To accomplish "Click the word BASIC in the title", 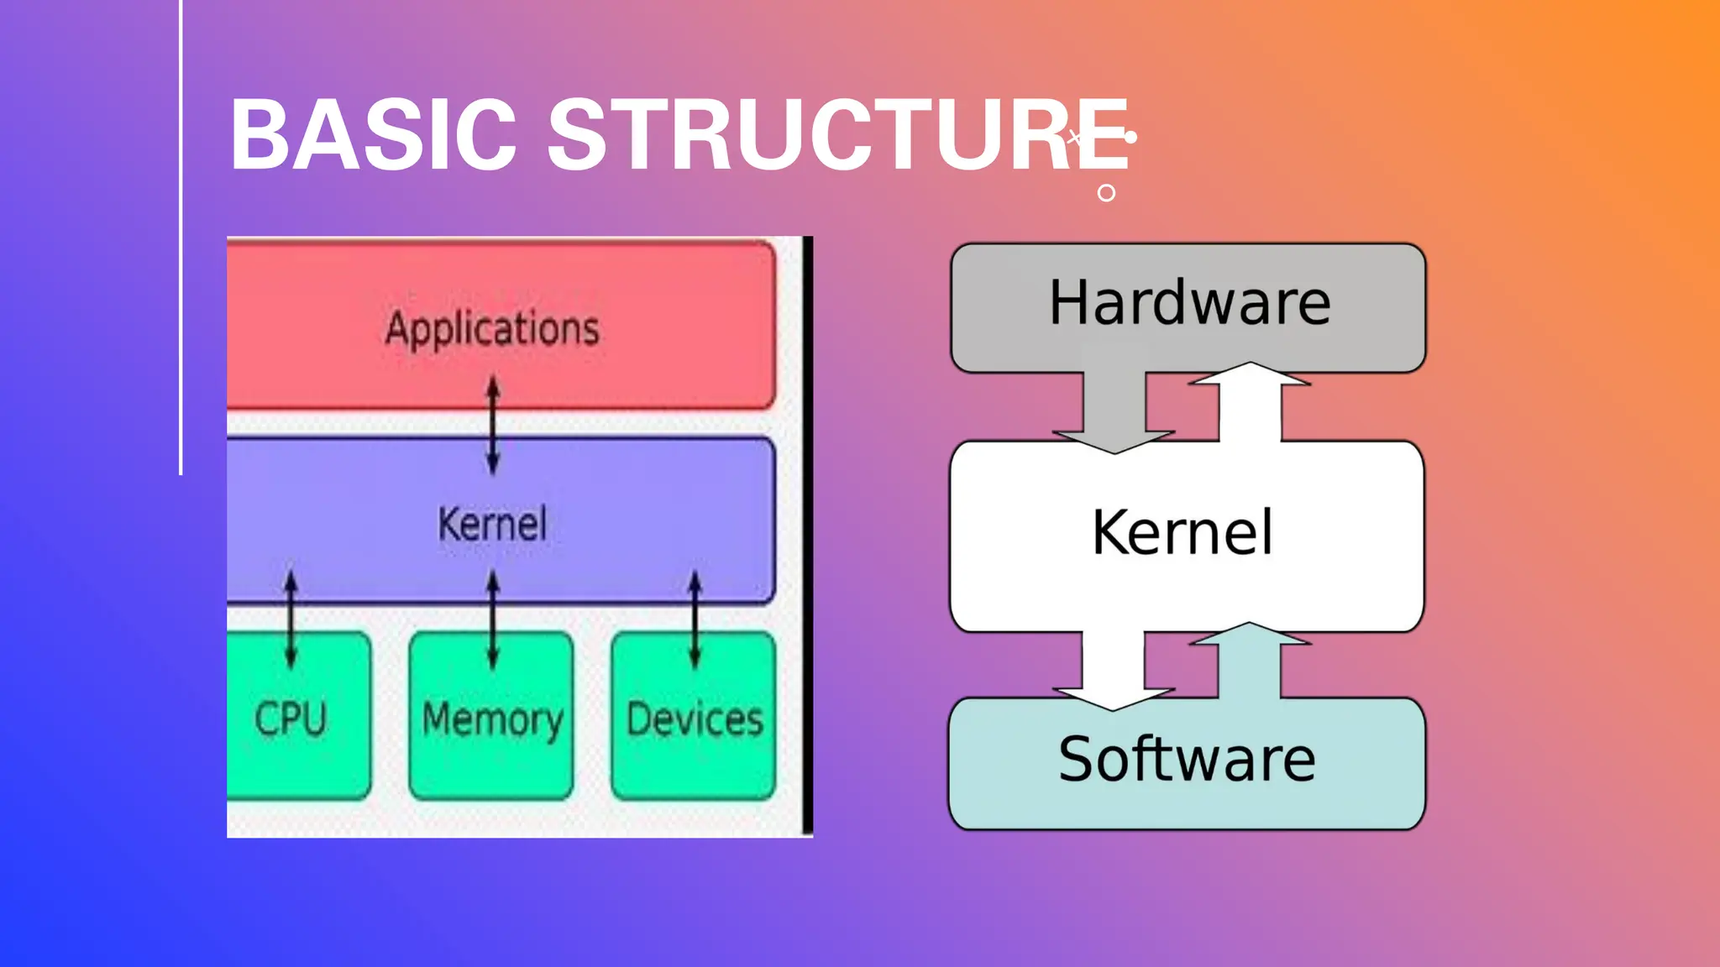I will [373, 134].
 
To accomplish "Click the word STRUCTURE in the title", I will [838, 134].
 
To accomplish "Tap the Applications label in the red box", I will [492, 327].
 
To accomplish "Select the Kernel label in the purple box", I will [492, 524].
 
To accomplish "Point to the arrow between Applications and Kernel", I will [493, 425].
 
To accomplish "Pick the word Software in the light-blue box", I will [1187, 759].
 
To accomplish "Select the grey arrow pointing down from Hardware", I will [1114, 411].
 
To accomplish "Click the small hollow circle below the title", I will [1106, 193].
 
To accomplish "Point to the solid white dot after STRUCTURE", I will [1130, 137].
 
